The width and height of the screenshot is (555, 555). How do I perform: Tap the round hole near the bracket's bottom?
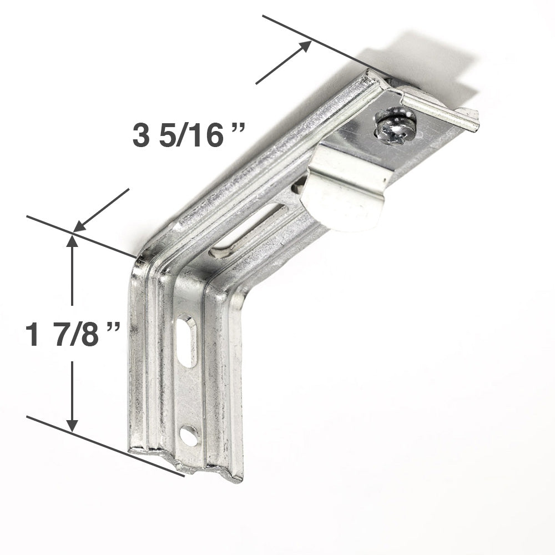click(x=189, y=436)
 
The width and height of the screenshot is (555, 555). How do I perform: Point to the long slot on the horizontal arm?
click(x=250, y=230)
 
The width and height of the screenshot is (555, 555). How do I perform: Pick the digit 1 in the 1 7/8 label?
click(x=34, y=336)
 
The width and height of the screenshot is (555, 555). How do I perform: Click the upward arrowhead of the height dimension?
click(x=72, y=242)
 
